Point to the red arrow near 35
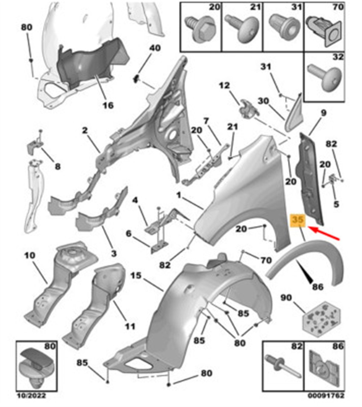click(324, 233)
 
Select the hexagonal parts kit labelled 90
click(321, 322)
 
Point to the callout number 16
click(108, 105)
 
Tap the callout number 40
click(155, 48)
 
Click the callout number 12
click(224, 86)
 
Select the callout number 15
click(136, 276)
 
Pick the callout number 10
click(30, 256)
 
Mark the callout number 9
click(323, 113)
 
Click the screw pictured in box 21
click(242, 29)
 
